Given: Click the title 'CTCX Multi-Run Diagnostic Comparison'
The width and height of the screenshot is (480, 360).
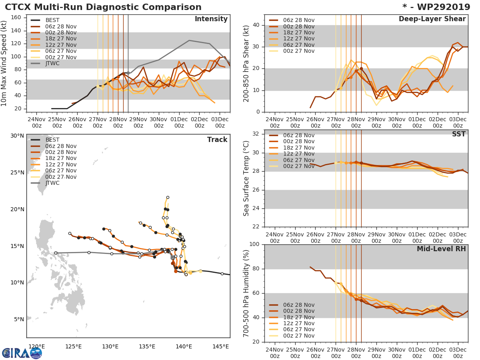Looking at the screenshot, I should (103, 7).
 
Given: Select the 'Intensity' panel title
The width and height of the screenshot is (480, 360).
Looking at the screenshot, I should (211, 19).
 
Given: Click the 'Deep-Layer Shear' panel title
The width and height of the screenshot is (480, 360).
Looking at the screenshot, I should (432, 19).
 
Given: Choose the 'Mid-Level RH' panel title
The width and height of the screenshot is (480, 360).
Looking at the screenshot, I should (441, 249).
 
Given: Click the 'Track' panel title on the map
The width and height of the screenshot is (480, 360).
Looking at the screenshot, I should (217, 140).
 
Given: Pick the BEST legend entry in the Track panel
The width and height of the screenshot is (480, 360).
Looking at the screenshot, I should (52, 140).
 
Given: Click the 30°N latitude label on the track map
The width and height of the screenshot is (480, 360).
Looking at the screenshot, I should (17, 136).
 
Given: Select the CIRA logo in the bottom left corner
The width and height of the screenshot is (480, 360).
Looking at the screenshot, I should (22, 353).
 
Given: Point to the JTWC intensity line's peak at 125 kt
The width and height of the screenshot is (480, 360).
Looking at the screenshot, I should (189, 40).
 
